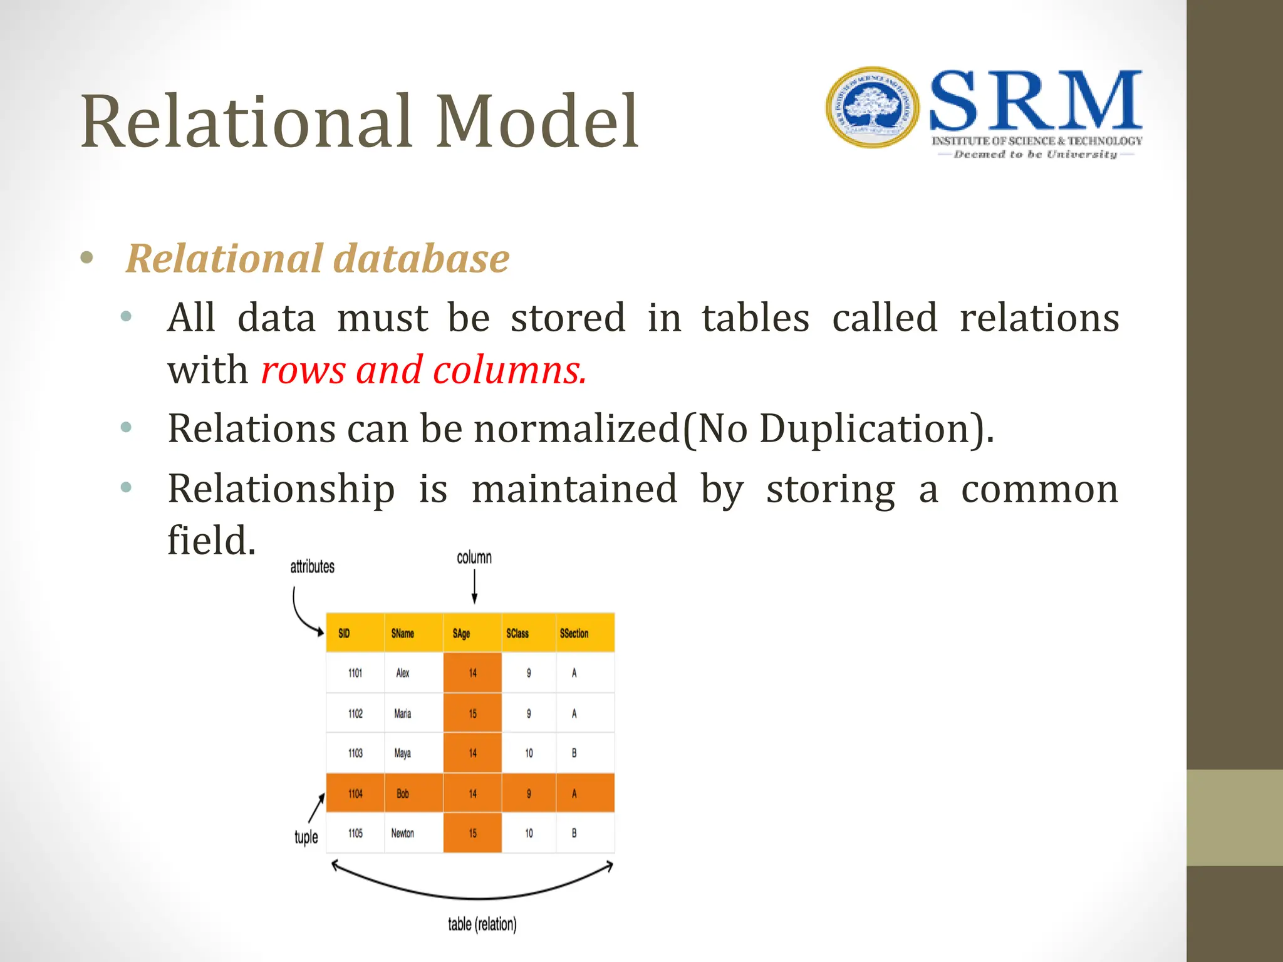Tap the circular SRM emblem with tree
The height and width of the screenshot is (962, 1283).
tap(872, 108)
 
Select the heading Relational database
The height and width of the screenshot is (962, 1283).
tap(318, 259)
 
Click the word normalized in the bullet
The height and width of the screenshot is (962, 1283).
tap(576, 429)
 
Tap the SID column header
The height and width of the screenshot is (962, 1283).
tap(345, 633)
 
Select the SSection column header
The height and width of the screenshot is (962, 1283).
tap(574, 633)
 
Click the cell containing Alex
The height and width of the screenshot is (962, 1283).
tap(403, 673)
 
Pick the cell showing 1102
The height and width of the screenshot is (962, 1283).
tap(355, 713)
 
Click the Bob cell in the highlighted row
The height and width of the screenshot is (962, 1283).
tap(403, 794)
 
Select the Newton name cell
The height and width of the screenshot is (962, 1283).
tap(403, 833)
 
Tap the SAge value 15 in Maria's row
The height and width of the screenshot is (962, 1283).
tap(472, 713)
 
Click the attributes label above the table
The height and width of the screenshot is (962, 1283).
tap(312, 567)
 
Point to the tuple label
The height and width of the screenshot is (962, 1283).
tap(306, 837)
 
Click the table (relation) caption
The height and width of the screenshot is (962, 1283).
tap(482, 924)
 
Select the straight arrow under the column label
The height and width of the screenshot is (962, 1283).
tap(474, 587)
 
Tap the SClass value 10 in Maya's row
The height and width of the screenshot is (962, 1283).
tap(529, 753)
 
